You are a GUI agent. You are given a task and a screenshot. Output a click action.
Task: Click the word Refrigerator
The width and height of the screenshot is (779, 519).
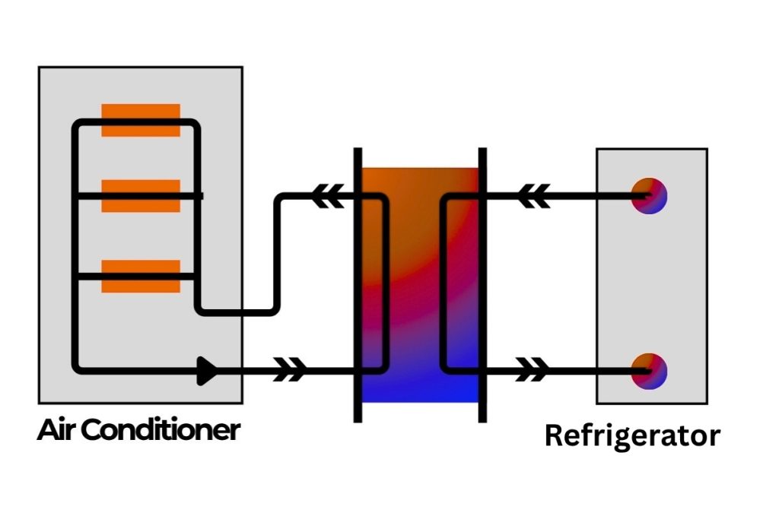coord(632,436)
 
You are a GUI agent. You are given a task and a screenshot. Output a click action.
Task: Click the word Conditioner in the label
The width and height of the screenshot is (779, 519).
coord(161,430)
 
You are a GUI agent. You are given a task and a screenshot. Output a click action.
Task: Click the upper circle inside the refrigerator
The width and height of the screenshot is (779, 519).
coord(649,195)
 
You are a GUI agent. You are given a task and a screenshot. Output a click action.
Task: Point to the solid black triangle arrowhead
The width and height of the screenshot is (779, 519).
coord(207,371)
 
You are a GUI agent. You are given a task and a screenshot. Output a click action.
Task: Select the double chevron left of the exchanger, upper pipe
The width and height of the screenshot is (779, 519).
coord(329,196)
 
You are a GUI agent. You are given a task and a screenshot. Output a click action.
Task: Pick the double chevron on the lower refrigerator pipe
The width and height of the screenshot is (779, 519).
coord(533,371)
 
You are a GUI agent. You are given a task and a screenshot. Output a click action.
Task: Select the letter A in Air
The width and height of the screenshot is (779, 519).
coord(48,430)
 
